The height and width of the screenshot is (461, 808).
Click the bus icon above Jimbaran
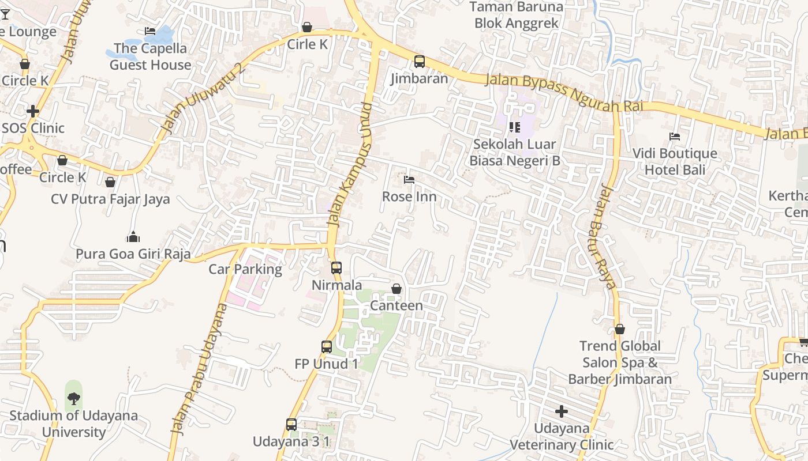[420, 62]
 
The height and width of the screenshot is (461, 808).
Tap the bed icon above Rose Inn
[409, 180]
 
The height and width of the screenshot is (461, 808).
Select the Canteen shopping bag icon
[396, 289]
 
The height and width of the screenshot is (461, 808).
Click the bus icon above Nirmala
[336, 268]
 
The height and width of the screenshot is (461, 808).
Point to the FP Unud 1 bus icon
[327, 347]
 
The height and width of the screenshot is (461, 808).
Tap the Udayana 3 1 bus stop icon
[291, 425]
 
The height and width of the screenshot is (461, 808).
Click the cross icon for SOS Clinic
[33, 111]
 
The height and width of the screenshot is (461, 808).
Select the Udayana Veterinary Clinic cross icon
[561, 411]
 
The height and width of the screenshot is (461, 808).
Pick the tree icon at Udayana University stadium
[73, 398]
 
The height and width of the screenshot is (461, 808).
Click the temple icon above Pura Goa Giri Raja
[133, 237]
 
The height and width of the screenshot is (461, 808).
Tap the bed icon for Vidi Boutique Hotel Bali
[674, 137]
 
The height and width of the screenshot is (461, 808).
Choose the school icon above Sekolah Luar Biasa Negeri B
[515, 127]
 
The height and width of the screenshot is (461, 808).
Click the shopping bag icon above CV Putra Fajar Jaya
[110, 182]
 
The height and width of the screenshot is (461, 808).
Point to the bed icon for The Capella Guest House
[150, 31]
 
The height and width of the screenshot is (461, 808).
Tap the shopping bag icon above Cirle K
[307, 27]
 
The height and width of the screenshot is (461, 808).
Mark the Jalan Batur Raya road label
[608, 236]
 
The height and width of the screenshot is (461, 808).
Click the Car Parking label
[245, 269]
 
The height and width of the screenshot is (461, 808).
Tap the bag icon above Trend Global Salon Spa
[619, 330]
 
